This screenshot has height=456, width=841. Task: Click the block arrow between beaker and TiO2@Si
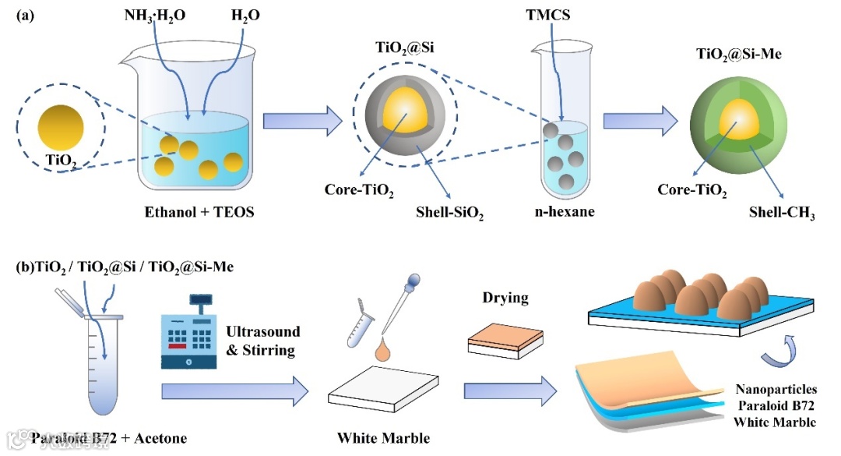pos(302,121)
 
